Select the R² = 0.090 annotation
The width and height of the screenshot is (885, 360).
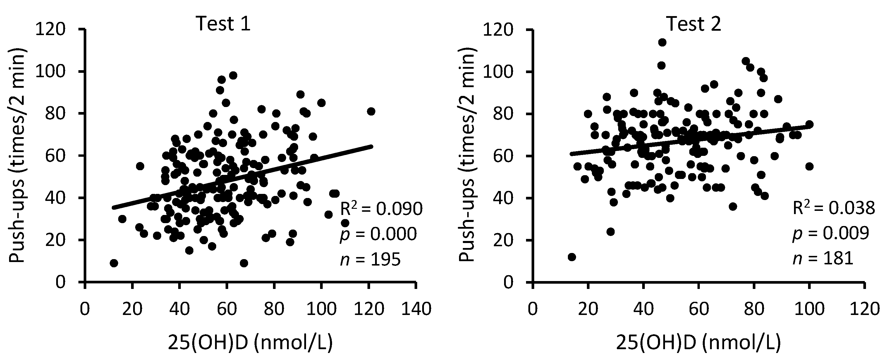pyautogui.click(x=381, y=209)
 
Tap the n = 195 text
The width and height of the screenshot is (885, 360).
pyautogui.click(x=370, y=260)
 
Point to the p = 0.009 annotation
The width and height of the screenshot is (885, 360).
pyautogui.click(x=830, y=234)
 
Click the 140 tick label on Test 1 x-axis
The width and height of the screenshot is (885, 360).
pyautogui.click(x=416, y=309)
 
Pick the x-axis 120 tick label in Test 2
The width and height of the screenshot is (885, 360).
pyautogui.click(x=864, y=309)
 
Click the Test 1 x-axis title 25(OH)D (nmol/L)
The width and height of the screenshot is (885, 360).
pyautogui.click(x=250, y=344)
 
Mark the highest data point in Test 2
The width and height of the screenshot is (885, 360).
pyautogui.click(x=662, y=42)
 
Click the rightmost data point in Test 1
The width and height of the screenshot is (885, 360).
pyautogui.click(x=371, y=111)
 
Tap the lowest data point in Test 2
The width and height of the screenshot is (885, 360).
pyautogui.click(x=572, y=257)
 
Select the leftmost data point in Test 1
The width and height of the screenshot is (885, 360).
pyautogui.click(x=114, y=263)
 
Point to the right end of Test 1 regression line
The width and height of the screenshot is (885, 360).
pyautogui.click(x=372, y=146)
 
